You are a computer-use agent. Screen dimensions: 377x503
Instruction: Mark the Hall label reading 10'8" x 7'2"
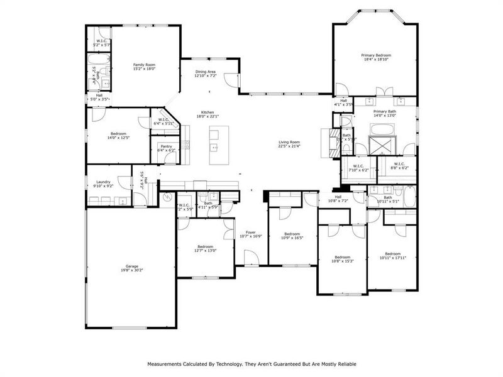click(338, 199)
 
